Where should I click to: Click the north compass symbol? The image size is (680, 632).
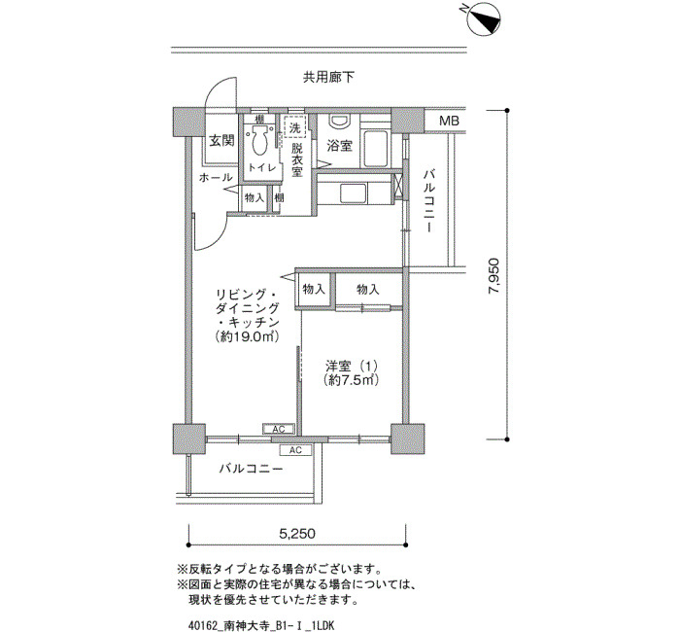(484, 18)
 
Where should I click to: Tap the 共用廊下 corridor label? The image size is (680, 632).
(328, 78)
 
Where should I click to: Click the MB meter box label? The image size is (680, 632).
(449, 121)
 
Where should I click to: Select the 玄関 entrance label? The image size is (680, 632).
(221, 141)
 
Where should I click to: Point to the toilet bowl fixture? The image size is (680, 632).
(259, 140)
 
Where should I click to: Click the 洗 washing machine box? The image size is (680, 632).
(295, 127)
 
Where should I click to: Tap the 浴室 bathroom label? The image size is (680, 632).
(340, 146)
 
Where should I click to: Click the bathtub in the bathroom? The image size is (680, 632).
(375, 148)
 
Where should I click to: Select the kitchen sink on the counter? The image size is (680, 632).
(353, 193)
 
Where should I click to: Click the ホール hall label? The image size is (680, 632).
(216, 177)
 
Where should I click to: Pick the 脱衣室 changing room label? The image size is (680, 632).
(296, 160)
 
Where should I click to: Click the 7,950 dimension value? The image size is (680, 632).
(493, 276)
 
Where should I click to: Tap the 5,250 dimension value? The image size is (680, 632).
(297, 533)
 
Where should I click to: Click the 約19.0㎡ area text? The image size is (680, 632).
(247, 336)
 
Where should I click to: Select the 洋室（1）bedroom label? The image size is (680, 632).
(352, 366)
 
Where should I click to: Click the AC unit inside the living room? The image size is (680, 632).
(279, 430)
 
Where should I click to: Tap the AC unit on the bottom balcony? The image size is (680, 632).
(295, 450)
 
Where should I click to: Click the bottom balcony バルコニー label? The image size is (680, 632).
(251, 470)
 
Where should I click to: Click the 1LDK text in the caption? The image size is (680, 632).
(323, 625)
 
